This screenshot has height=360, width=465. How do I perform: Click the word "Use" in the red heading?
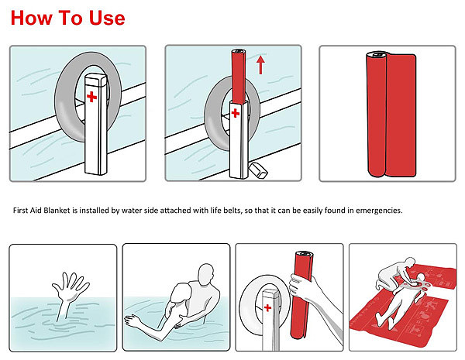coord(107,18)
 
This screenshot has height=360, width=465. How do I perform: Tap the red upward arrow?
coord(260,65)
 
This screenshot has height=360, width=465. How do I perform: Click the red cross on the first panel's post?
coord(92,97)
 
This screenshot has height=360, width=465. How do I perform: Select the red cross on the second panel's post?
coord(236,113)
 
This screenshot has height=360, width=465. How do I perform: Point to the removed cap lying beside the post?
coord(258,170)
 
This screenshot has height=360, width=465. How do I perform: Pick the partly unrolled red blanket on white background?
coord(391,114)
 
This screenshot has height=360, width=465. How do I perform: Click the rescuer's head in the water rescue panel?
coord(206,275)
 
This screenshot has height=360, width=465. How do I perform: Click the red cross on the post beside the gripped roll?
coord(267,308)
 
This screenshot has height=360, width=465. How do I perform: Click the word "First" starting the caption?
coord(20,211)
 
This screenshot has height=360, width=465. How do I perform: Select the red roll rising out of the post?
coord(239,76)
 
